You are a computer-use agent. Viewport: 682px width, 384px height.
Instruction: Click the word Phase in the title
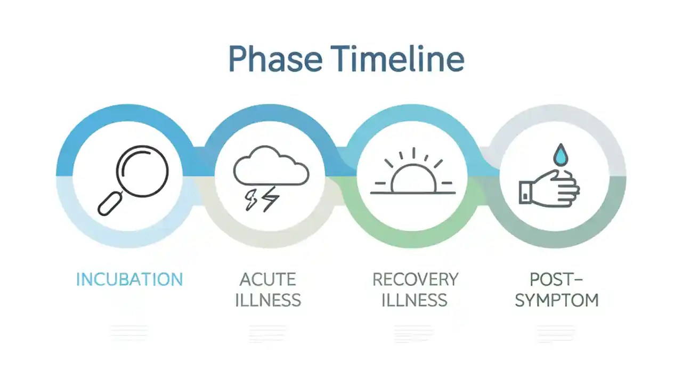point(275,59)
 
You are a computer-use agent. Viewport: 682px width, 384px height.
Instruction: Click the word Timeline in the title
point(397,59)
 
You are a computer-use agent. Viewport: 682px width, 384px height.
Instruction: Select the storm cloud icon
point(271,167)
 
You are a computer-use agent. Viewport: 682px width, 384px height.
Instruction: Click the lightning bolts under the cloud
point(262,198)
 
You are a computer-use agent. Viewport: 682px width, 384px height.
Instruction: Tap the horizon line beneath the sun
point(413,193)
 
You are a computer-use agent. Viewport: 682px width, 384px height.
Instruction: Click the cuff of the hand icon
point(526,193)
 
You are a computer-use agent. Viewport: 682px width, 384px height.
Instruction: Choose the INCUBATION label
point(129,279)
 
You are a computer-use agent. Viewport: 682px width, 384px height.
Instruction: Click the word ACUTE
point(267,279)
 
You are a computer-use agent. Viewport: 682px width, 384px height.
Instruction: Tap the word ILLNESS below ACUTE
point(267,300)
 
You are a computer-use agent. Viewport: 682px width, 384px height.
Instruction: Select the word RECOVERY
point(415,279)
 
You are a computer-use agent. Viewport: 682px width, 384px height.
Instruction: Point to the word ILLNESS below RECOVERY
point(415,300)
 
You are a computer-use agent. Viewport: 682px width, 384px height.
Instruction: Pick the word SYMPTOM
point(557,300)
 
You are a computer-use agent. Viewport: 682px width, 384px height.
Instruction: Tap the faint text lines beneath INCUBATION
point(129,333)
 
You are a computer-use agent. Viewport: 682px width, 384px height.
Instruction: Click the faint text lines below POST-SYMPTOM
point(556,333)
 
